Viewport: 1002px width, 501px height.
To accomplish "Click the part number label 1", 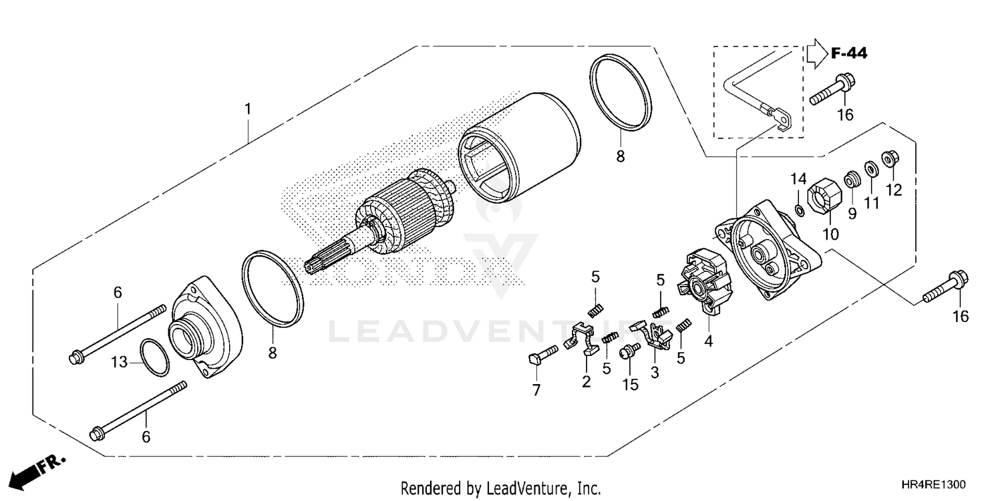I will pyautogui.click(x=248, y=108).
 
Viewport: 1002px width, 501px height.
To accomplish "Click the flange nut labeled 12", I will pyautogui.click(x=890, y=158).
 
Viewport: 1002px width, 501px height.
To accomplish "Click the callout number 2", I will pyautogui.click(x=586, y=381).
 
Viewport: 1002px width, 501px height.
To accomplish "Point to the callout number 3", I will pyautogui.click(x=654, y=372).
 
